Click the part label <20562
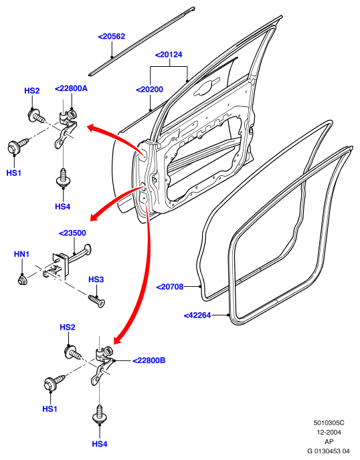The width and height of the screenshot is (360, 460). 111,36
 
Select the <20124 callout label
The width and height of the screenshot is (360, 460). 169,55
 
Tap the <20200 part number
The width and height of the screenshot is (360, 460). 149,90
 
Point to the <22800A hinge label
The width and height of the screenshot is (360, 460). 71,88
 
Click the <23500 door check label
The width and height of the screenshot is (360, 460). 72,233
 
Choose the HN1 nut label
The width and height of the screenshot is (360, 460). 21,254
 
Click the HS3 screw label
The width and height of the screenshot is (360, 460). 96,279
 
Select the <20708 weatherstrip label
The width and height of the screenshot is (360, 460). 170,287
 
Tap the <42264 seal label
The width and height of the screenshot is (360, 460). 197,316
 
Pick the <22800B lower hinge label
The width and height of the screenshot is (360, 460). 149,360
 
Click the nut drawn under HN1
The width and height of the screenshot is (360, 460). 22,279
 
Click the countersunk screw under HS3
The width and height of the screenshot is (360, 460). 96,301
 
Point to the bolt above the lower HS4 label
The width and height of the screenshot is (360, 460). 100,414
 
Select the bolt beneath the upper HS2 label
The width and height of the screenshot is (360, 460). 36,115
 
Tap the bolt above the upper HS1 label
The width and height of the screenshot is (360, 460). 17,146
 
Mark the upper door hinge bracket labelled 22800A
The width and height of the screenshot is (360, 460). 67,127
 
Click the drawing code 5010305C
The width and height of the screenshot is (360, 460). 329,423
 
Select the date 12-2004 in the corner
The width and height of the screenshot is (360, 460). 329,432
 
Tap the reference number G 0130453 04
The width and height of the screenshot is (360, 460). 329,451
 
